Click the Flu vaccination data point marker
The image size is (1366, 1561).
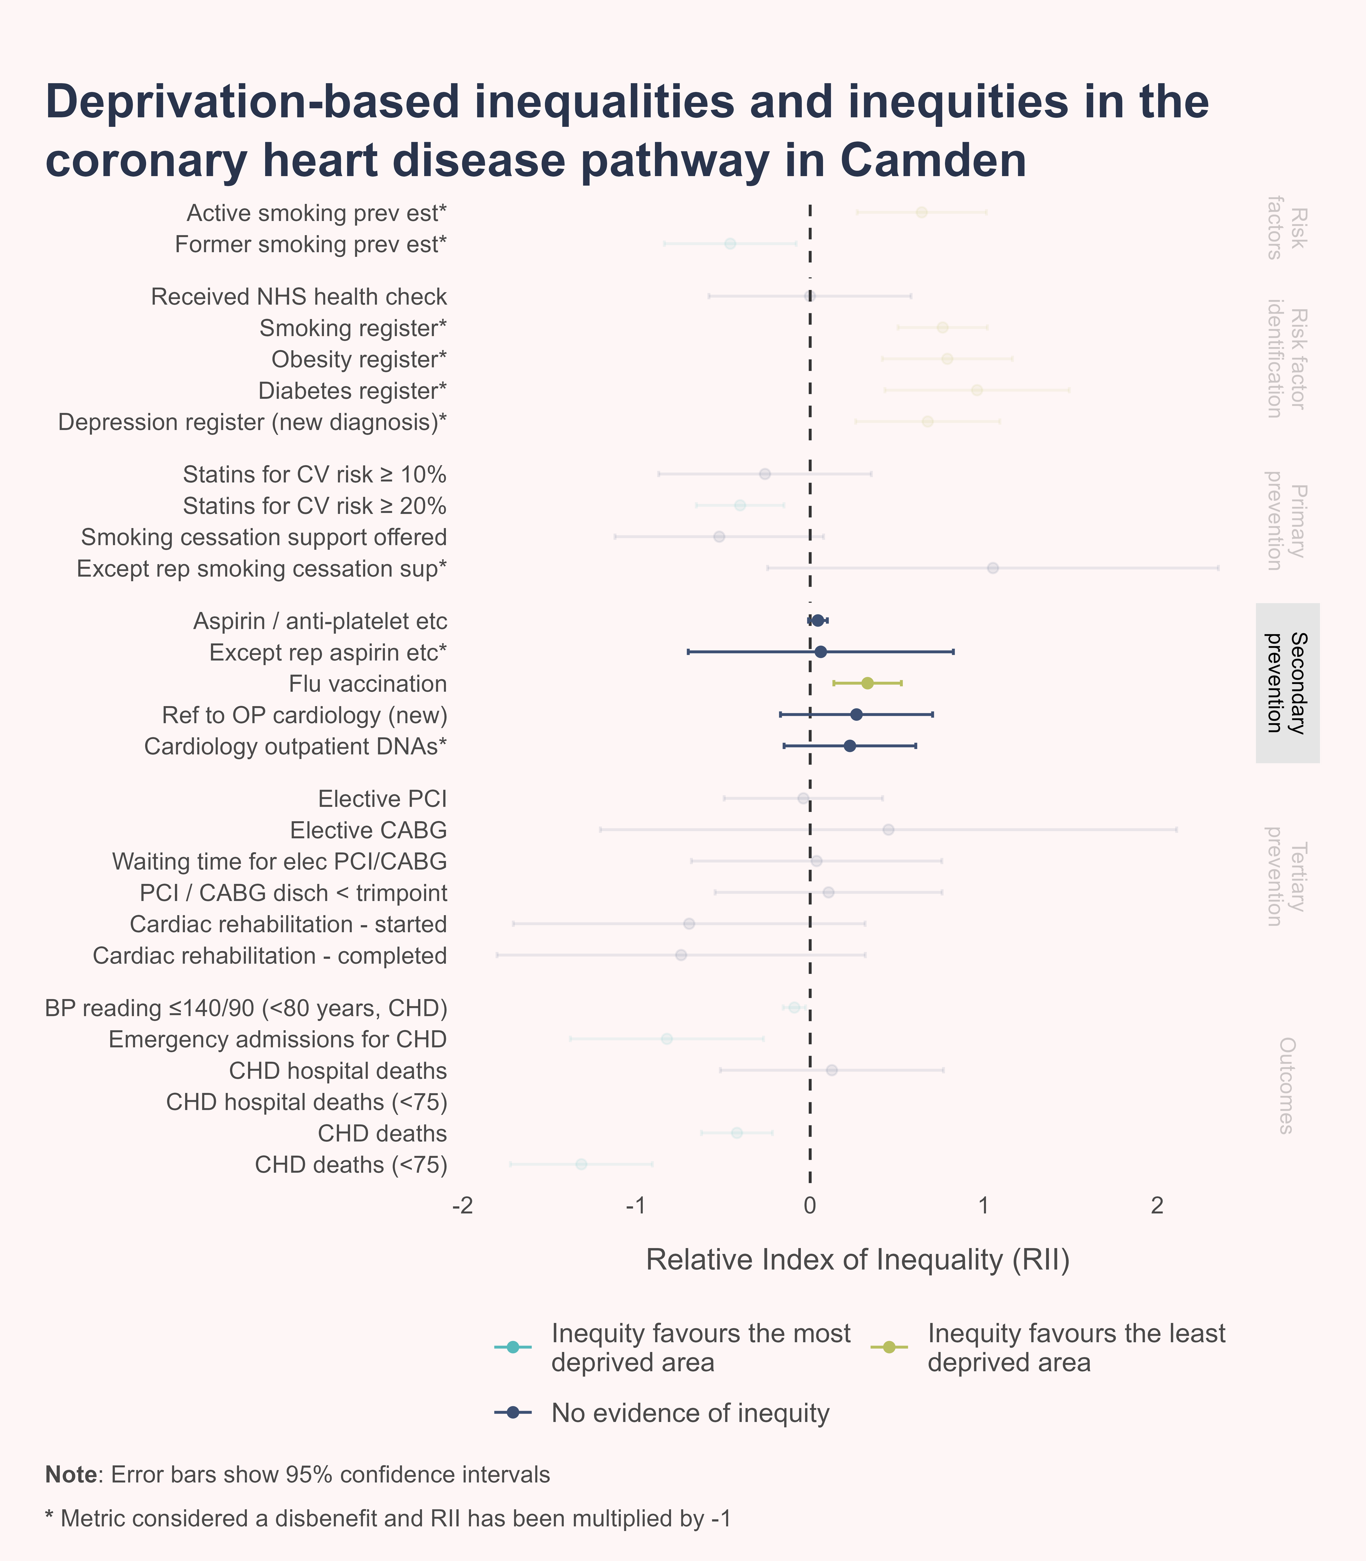click(x=867, y=683)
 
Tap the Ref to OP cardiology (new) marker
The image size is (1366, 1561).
click(x=856, y=714)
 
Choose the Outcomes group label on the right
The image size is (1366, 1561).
click(x=1287, y=1085)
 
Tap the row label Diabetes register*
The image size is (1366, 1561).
click(x=352, y=390)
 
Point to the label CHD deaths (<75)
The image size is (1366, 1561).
click(x=351, y=1165)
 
